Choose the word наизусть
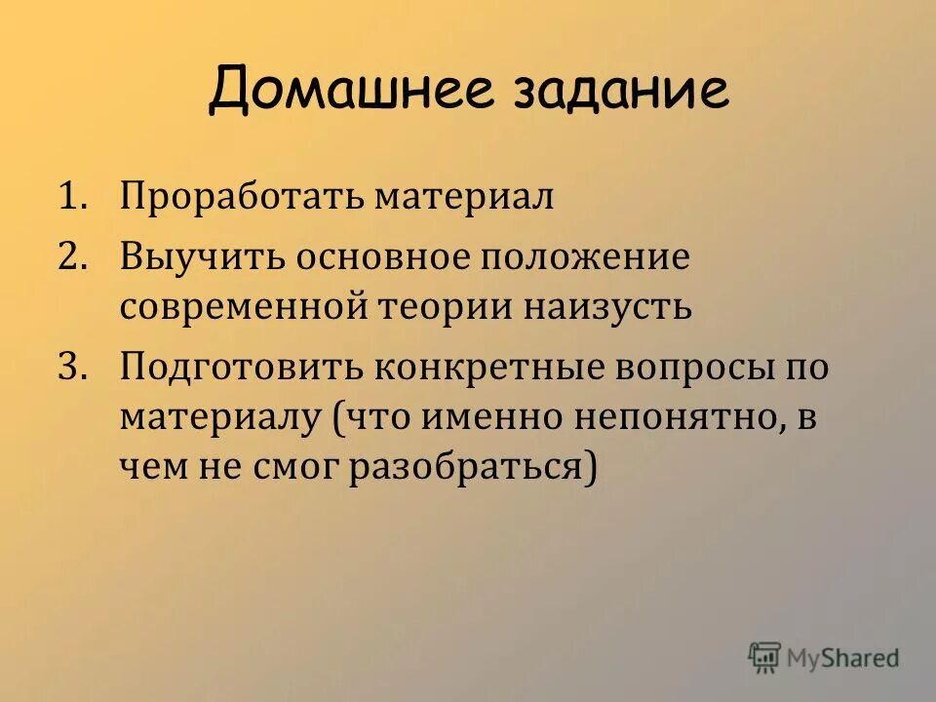[x=600, y=308]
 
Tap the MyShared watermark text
[x=844, y=658]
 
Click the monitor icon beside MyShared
[x=765, y=658]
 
